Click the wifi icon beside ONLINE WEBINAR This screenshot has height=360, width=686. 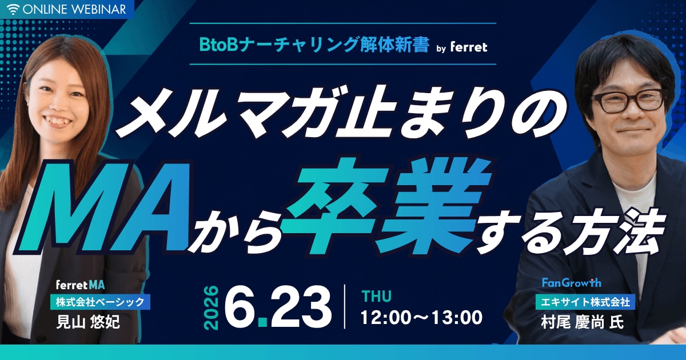tap(13, 10)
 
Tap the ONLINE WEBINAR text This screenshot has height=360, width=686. tap(74, 10)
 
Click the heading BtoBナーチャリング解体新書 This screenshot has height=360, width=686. tap(314, 45)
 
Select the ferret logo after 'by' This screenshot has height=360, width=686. tap(469, 47)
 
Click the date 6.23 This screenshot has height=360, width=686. tap(278, 306)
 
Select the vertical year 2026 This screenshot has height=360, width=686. tap(212, 307)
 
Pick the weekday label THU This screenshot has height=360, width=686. tap(376, 296)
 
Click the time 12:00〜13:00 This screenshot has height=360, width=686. tap(422, 317)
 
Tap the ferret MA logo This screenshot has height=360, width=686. tap(80, 285)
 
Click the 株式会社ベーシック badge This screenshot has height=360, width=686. tap(100, 302)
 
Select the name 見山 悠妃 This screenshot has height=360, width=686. tap(88, 322)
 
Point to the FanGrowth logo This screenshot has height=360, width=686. tap(572, 282)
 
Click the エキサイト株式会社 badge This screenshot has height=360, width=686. tap(585, 302)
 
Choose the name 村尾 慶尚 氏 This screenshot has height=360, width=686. tap(583, 322)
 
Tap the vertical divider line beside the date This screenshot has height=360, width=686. tap(345, 307)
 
